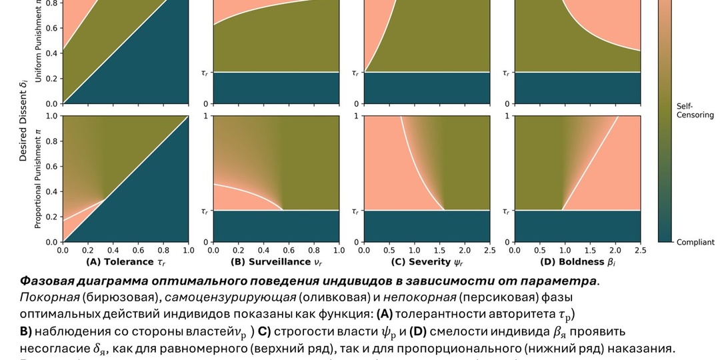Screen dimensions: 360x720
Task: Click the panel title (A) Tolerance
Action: click(x=124, y=262)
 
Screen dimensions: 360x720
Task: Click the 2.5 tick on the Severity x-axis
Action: click(x=490, y=251)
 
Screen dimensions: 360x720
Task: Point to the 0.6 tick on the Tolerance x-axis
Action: click(x=138, y=251)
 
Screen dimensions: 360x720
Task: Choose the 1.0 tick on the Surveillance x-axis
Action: click(x=339, y=251)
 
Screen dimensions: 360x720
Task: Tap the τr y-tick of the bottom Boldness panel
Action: click(x=507, y=211)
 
